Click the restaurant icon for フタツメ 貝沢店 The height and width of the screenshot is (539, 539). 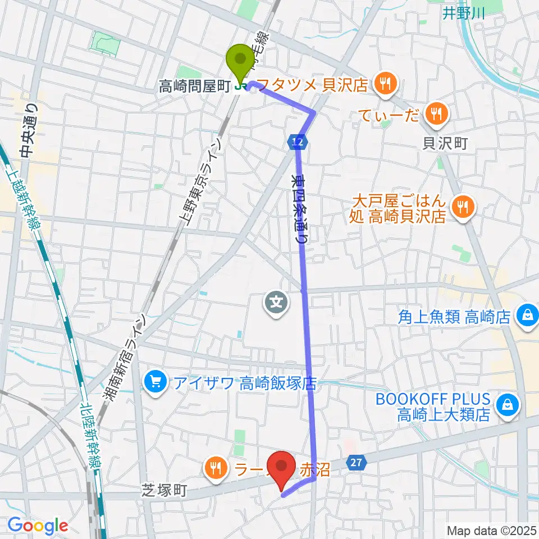pyautogui.click(x=385, y=84)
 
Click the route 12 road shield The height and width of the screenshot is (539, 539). pyautogui.click(x=298, y=143)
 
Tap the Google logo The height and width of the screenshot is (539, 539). pyautogui.click(x=38, y=526)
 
